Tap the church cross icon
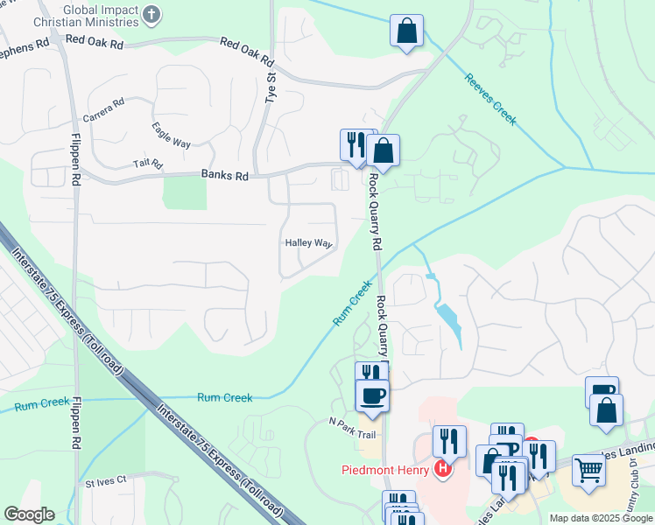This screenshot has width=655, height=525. [152, 14]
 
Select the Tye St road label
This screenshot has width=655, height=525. [271, 88]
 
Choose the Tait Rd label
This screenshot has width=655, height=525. [148, 164]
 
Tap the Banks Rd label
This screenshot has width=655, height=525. [225, 176]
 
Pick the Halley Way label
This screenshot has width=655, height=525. [308, 243]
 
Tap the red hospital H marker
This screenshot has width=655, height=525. [443, 469]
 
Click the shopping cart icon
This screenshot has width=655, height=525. [588, 470]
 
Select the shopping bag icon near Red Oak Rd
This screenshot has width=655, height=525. [407, 31]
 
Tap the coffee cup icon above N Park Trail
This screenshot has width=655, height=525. [373, 395]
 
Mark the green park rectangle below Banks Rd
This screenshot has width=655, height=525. [186, 192]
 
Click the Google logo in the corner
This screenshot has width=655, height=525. [29, 514]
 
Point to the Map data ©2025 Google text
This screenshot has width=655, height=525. [600, 518]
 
